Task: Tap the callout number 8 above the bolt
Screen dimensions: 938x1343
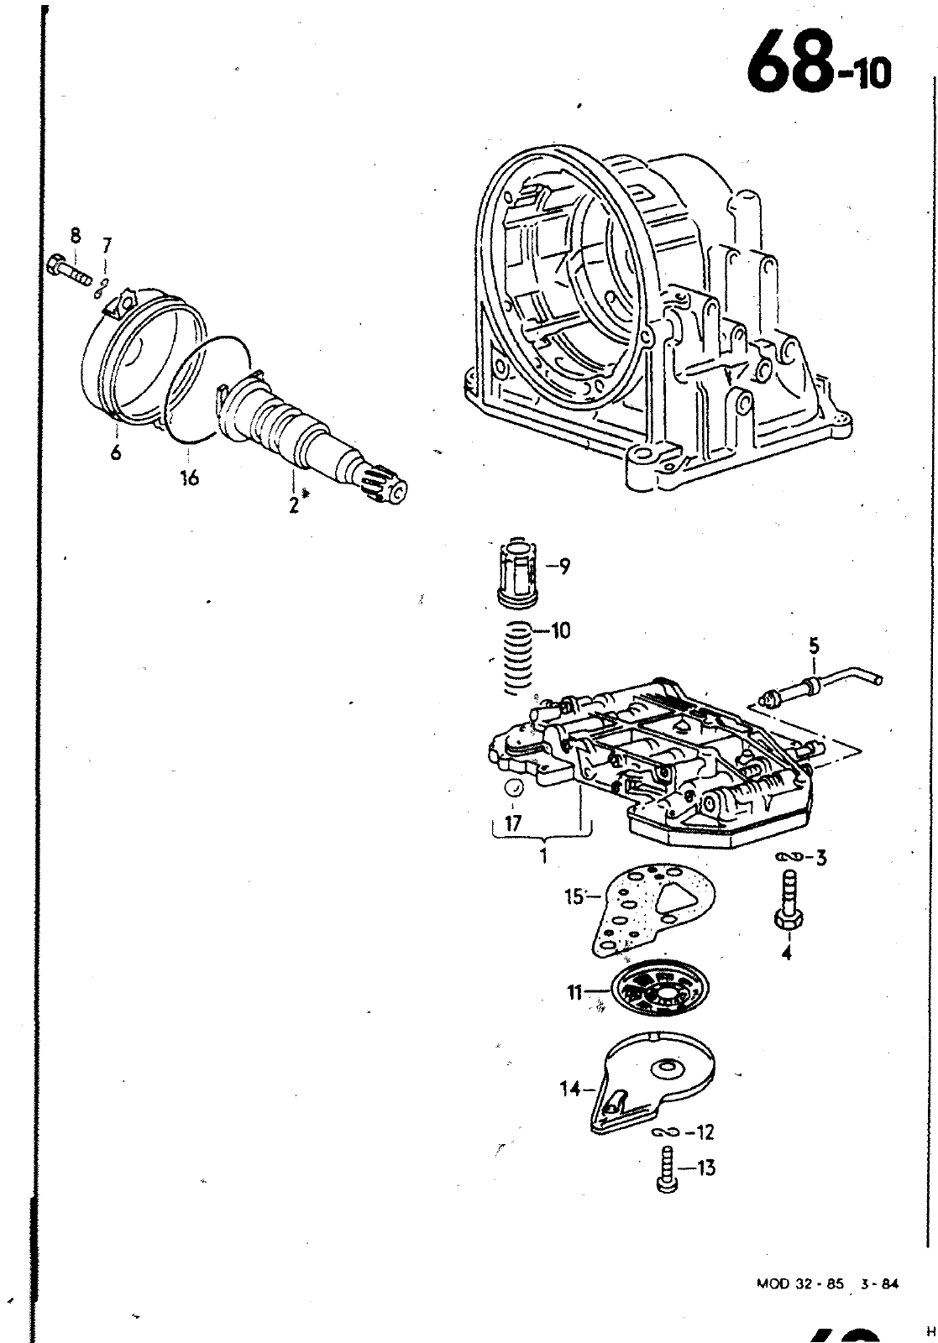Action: coord(75,236)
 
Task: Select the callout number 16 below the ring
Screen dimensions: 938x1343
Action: coord(189,478)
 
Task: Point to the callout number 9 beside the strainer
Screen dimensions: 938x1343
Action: coord(563,566)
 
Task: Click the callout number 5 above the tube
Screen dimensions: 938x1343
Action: coord(814,647)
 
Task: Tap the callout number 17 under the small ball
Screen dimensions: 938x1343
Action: coord(513,824)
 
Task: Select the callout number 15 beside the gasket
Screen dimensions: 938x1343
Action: coord(574,897)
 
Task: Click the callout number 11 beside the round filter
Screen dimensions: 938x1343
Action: coord(574,993)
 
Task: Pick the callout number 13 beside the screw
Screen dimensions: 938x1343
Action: coord(705,1168)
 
